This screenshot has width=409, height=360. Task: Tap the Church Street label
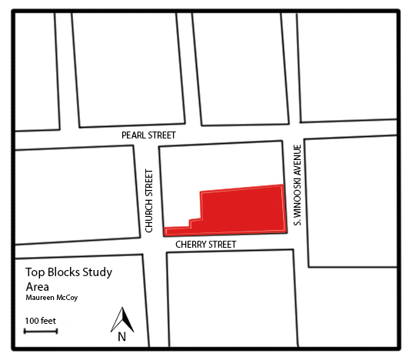(x=148, y=202)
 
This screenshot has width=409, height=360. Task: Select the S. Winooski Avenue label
(x=296, y=185)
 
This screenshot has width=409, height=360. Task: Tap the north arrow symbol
(x=121, y=318)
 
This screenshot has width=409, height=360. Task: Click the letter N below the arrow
(x=121, y=336)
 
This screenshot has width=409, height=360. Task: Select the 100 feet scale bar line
(x=35, y=332)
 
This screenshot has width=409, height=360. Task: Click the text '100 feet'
(x=40, y=320)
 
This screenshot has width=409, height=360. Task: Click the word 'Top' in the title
(x=35, y=272)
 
